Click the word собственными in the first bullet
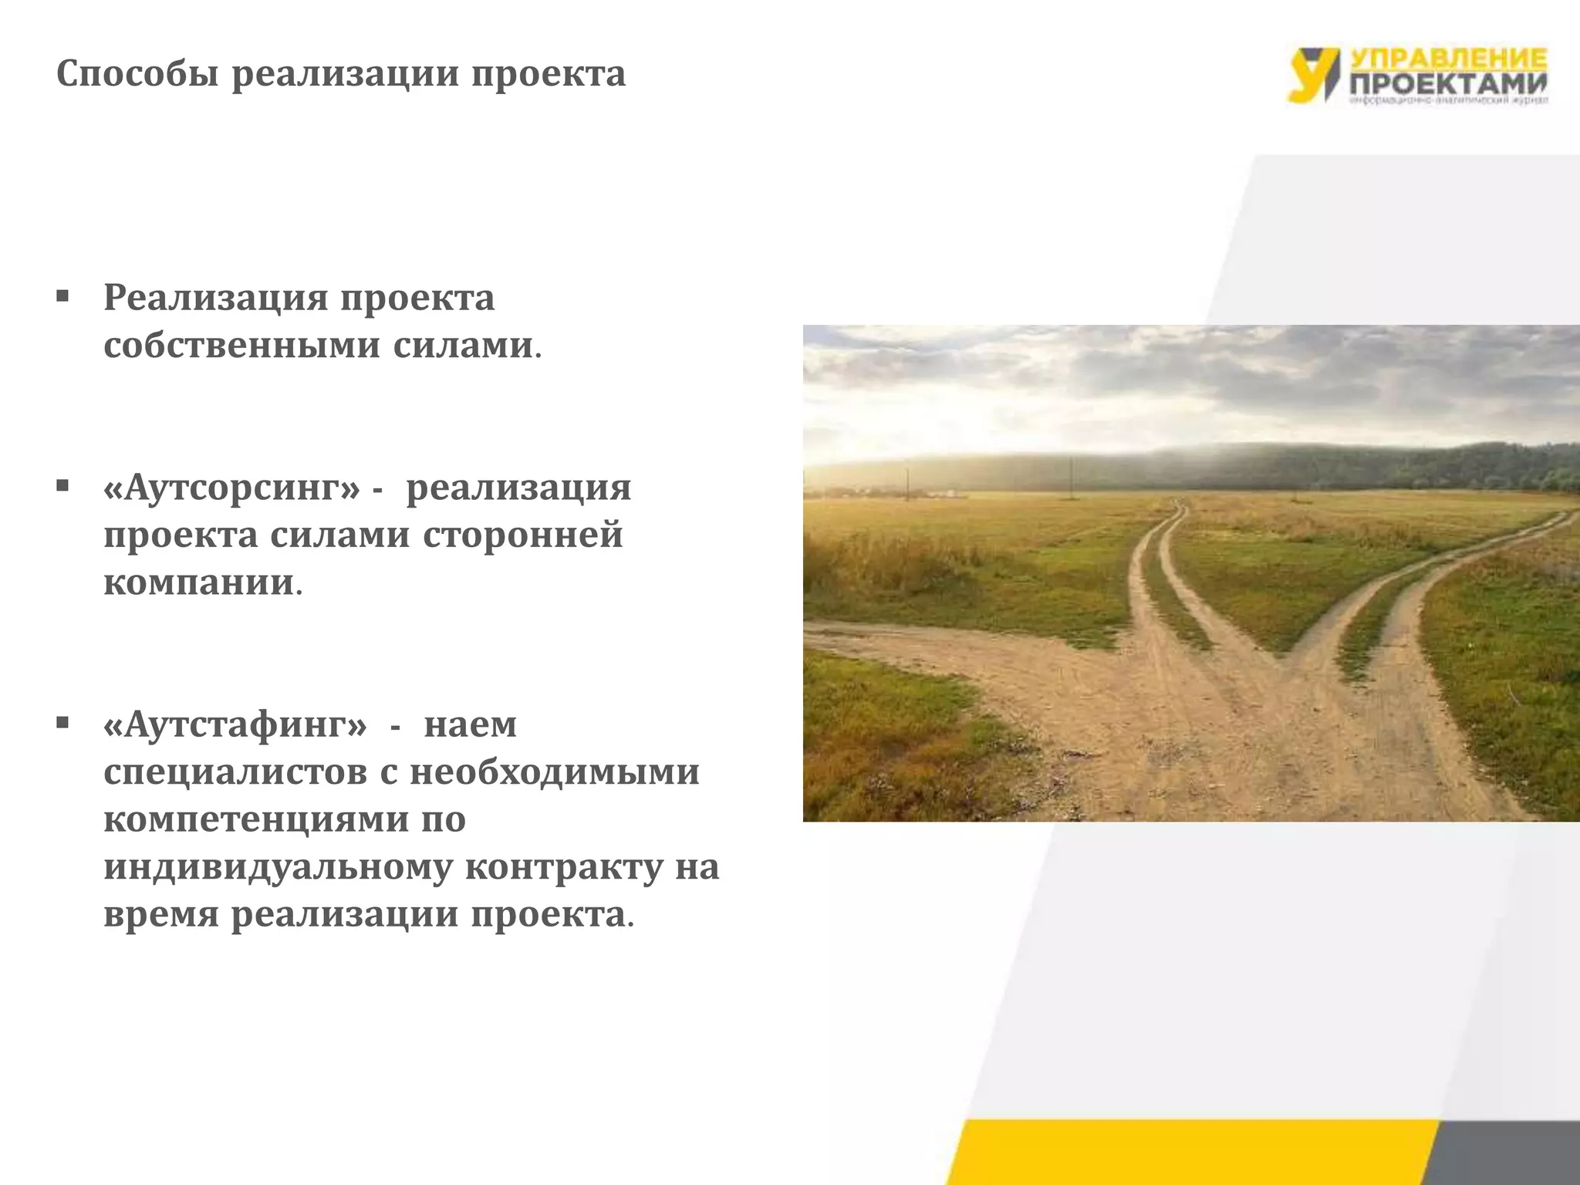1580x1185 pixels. pos(241,346)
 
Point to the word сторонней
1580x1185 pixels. pos(522,535)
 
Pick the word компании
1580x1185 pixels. pos(199,582)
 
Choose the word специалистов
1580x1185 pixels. pos(235,772)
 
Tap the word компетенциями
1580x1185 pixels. pos(256,819)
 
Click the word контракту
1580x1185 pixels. pos(564,867)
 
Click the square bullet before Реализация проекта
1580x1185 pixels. pos(63,296)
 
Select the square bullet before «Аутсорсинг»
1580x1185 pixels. pos(63,486)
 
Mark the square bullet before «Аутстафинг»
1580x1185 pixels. pos(63,723)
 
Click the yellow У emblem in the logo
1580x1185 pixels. pos(1312,74)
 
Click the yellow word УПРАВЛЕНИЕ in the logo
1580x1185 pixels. pos(1448,58)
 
